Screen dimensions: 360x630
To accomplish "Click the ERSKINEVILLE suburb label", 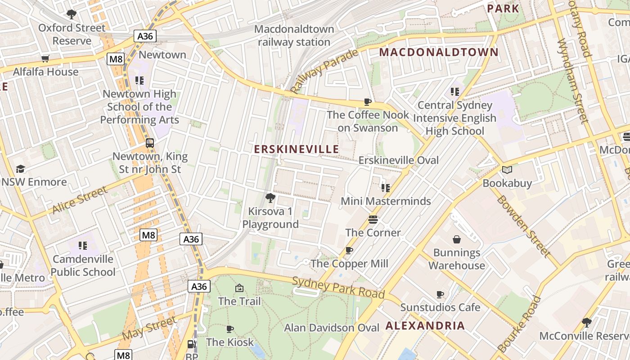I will click(296, 149).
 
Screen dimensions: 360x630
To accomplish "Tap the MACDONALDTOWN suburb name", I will click(438, 52).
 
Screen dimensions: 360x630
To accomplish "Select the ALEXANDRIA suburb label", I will click(425, 326).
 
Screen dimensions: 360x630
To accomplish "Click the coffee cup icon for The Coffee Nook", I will click(368, 102).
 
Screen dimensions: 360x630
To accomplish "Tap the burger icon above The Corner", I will click(373, 220).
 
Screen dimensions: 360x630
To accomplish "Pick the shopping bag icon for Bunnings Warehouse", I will click(457, 239).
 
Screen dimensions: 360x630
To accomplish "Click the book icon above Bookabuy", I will click(507, 170).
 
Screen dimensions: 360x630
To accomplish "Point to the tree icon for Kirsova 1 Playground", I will click(270, 198).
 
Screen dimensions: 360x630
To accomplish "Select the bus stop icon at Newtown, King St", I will click(150, 143).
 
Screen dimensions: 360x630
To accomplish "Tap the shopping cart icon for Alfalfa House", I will click(45, 58).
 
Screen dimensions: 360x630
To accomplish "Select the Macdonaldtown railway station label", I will click(294, 36).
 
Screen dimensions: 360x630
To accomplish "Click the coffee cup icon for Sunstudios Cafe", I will click(440, 295).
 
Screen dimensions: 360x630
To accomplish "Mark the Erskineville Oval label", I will click(398, 160).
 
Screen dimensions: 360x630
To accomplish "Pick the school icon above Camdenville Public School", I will click(82, 246).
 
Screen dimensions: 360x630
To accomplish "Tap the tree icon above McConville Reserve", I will click(586, 322).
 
